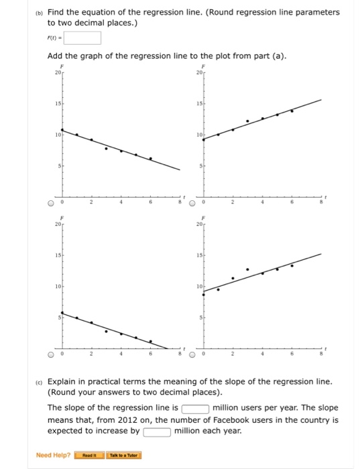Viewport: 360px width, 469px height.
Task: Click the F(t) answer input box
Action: click(83, 38)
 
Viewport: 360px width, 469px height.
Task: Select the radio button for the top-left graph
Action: click(50, 204)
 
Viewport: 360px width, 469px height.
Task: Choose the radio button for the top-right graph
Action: click(192, 204)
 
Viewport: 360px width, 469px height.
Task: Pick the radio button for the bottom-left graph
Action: click(50, 354)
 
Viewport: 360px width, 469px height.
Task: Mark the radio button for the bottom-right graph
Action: click(192, 354)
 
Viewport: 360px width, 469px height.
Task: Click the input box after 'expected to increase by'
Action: click(156, 431)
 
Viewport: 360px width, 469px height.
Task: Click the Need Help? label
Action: click(52, 456)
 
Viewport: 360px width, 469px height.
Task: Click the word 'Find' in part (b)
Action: click(58, 12)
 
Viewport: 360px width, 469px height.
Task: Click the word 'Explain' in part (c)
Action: click(66, 381)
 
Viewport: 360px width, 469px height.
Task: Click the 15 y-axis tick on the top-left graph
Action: click(58, 103)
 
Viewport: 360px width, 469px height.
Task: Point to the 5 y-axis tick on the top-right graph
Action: click(200, 165)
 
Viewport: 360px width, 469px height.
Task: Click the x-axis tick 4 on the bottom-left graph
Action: click(121, 354)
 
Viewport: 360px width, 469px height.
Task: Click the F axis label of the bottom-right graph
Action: click(204, 218)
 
